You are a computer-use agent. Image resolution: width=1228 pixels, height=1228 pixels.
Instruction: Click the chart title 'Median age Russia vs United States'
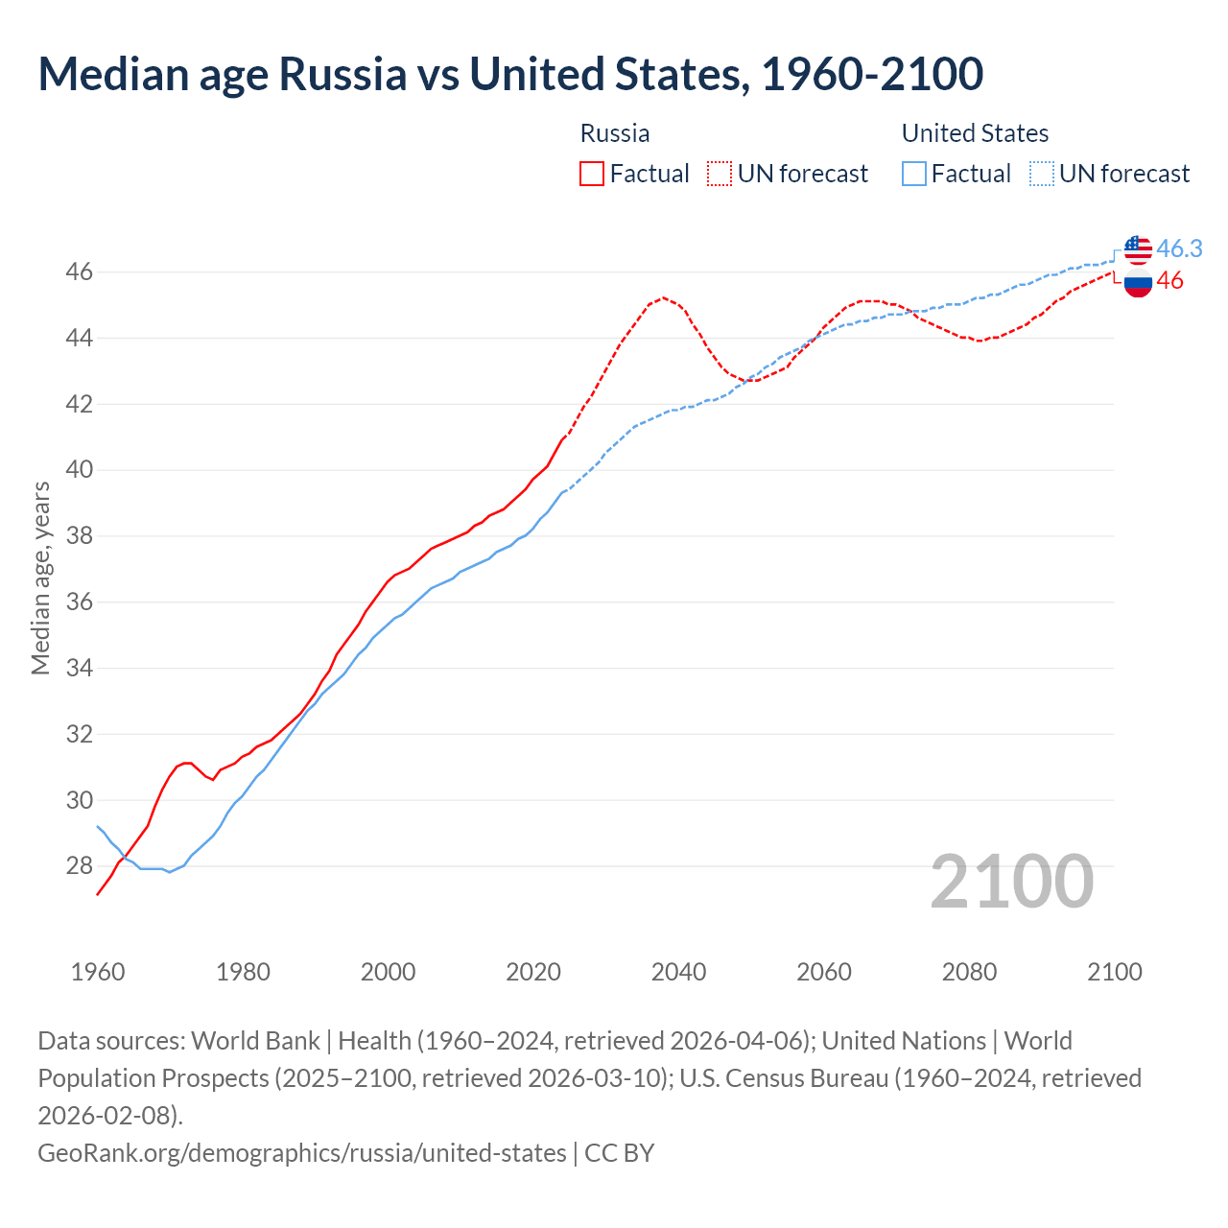pos(510,75)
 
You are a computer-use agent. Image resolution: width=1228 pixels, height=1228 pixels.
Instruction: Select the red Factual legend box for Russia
pos(592,174)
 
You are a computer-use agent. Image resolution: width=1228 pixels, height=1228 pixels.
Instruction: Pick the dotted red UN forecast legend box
pos(720,174)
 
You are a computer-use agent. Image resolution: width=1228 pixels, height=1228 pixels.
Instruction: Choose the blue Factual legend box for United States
pos(914,174)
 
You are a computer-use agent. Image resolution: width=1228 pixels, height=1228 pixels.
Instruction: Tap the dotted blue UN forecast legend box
pos(1041,174)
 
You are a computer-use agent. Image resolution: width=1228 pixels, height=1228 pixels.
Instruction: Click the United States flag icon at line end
pos(1138,249)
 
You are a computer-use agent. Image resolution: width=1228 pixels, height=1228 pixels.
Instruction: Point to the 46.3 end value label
pos(1179,248)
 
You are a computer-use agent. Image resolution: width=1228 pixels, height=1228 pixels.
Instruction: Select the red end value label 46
pos(1169,281)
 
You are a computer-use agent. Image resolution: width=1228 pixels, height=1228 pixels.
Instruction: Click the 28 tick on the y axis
pos(80,866)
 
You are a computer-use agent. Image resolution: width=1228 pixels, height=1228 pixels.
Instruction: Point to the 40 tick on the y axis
pos(80,470)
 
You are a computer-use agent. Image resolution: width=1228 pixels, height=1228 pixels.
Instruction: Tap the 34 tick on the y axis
pos(80,668)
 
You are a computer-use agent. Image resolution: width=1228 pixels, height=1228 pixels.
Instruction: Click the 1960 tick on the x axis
pos(98,972)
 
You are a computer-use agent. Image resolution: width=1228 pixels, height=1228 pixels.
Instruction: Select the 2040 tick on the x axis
pos(678,972)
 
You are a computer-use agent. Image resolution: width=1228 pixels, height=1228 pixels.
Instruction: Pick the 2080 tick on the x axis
pos(969,972)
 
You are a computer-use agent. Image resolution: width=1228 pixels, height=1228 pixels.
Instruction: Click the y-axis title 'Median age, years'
pos(40,579)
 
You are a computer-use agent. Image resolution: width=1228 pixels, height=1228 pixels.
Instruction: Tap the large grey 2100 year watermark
pos(1011,882)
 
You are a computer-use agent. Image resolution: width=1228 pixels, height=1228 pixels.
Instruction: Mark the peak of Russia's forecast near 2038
pos(663,297)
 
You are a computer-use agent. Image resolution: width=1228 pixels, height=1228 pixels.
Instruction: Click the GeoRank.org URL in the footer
pos(302,1152)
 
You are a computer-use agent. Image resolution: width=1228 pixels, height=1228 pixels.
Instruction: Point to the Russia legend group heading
pos(615,133)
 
